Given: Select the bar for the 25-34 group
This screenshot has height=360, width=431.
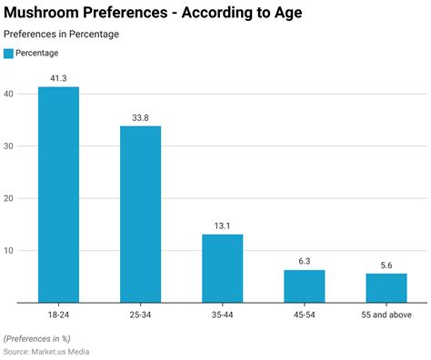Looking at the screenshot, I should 140,214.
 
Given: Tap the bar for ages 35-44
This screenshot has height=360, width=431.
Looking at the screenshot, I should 222,267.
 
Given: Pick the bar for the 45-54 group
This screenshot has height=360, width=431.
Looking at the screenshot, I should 304,285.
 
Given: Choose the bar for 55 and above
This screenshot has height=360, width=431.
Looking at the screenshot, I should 386,287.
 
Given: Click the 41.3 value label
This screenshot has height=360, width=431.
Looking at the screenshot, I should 58,79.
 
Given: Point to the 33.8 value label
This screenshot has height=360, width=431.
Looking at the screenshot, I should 140,117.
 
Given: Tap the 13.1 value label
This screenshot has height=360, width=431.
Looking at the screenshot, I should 222,226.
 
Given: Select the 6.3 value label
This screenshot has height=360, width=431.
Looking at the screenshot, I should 304,262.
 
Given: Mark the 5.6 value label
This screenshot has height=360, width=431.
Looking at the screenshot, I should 386,265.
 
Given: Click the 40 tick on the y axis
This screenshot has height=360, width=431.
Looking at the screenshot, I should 8,94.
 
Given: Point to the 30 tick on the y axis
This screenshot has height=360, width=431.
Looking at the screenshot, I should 8,145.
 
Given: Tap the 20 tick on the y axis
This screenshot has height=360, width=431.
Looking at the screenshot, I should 8,198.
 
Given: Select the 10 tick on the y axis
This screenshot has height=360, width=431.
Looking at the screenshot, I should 8,251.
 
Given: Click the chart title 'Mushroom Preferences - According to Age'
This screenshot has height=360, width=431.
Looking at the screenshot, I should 153,14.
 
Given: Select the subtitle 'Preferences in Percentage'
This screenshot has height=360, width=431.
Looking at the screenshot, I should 61,35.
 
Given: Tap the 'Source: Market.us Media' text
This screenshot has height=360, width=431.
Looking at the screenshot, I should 46,351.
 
